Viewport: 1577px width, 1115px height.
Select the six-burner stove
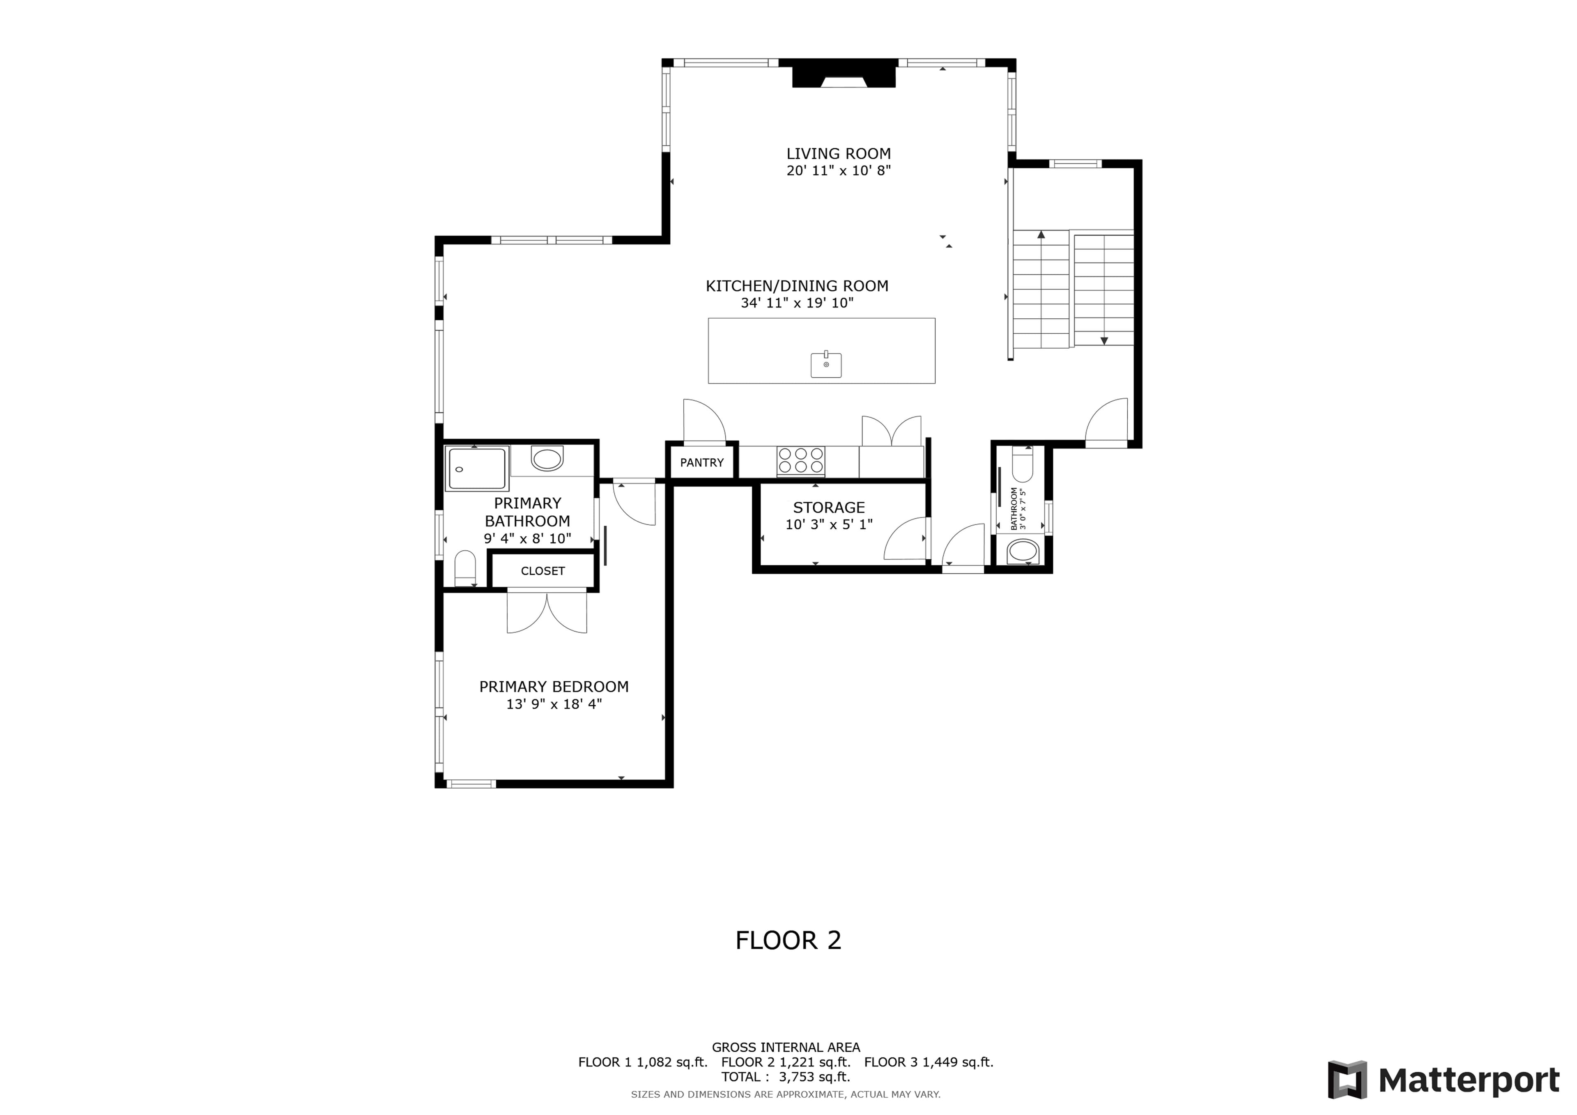tap(801, 461)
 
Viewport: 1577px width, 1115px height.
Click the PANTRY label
tap(701, 463)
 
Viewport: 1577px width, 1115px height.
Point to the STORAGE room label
tap(829, 508)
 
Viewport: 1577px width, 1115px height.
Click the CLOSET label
tap(543, 571)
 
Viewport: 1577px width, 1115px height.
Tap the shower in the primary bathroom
tap(477, 469)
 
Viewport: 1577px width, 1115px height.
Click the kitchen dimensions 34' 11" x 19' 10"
tap(797, 303)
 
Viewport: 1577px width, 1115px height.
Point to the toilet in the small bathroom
tap(1022, 465)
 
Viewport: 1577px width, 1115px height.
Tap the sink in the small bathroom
tap(1023, 552)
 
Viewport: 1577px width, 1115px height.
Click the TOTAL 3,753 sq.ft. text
tap(785, 1076)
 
